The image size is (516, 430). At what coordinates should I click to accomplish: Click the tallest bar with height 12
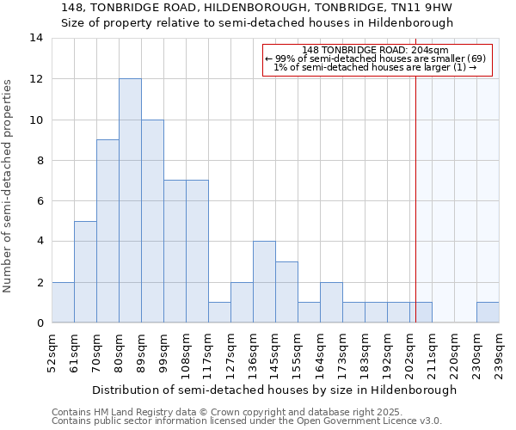pyautogui.click(x=130, y=200)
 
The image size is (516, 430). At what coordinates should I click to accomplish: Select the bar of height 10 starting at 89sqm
pyautogui.click(x=152, y=221)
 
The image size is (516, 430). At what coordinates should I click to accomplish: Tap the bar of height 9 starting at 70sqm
pyautogui.click(x=107, y=230)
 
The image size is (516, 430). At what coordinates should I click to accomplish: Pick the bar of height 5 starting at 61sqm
pyautogui.click(x=85, y=272)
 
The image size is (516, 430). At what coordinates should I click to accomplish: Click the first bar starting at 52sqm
pyautogui.click(x=63, y=302)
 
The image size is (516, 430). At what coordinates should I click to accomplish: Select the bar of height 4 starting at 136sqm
pyautogui.click(x=264, y=282)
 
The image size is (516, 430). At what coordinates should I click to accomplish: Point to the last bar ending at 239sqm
pyautogui.click(x=488, y=312)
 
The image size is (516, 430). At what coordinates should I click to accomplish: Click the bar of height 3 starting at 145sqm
pyautogui.click(x=286, y=292)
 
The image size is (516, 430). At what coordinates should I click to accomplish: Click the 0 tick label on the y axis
pyautogui.click(x=39, y=323)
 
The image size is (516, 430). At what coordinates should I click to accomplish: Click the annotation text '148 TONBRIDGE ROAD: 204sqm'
pyautogui.click(x=376, y=50)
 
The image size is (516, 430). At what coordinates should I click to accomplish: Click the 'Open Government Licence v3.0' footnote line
pyautogui.click(x=247, y=421)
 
